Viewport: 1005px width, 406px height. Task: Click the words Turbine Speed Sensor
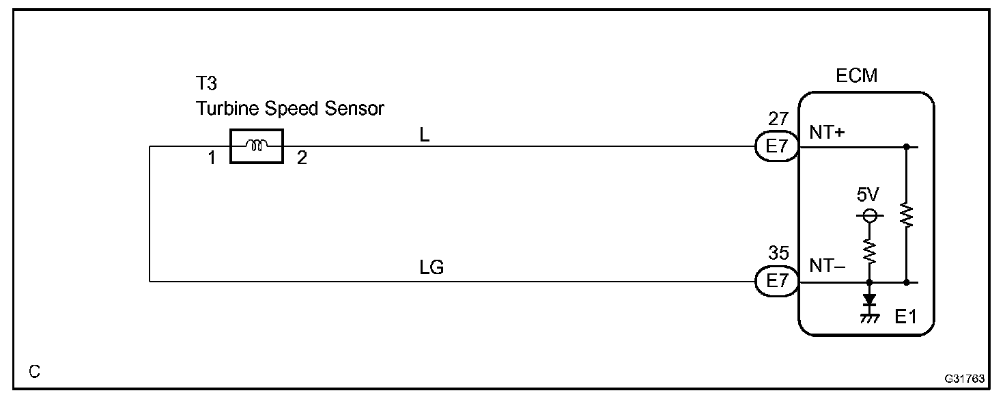point(290,109)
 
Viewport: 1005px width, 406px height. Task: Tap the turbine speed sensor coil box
point(257,146)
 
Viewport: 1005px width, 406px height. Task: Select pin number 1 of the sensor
point(212,159)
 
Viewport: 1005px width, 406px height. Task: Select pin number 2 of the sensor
point(302,159)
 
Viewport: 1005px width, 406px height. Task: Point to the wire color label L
point(425,135)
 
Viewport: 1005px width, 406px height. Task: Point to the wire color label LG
point(431,268)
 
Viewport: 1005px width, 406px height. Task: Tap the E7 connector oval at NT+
point(777,146)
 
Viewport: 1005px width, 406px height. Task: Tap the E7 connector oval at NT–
point(777,281)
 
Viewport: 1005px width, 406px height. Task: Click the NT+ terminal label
point(827,133)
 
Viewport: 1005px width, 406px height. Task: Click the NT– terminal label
point(827,267)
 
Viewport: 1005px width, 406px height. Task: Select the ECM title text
point(857,76)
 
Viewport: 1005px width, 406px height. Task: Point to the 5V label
point(868,195)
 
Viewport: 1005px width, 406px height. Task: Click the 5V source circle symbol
point(869,217)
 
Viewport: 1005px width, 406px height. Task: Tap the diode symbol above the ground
point(869,299)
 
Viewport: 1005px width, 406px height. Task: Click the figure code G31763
point(965,378)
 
